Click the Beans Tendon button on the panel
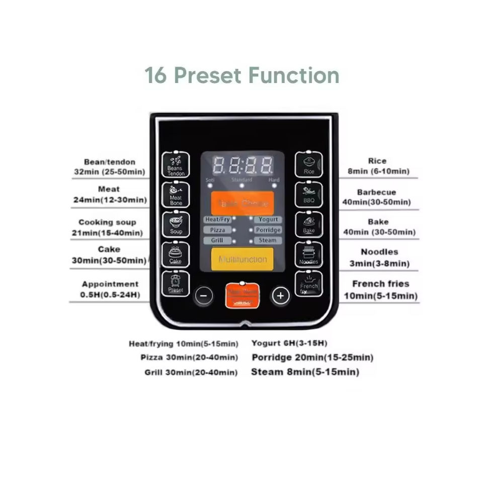pos(176,165)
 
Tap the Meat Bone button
pos(176,195)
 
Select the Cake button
pos(176,255)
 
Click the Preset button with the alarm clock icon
pos(176,284)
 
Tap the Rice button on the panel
pos(308,165)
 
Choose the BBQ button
pos(308,195)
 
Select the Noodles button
pos(308,255)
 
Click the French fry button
pos(308,284)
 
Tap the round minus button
pos(203,295)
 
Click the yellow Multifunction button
pos(243,259)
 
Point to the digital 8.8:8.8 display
pos(243,165)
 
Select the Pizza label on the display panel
pos(217,230)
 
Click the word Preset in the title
pos(209,75)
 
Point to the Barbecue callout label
pos(376,192)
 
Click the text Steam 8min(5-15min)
pos(305,372)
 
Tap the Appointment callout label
pos(110,284)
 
